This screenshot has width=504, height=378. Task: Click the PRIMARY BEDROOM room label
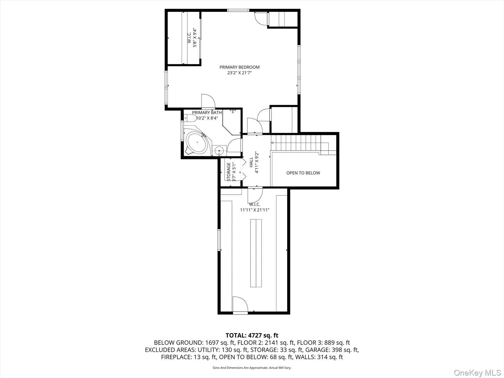pos(239,67)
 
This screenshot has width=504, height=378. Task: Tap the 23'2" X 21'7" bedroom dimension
pos(239,73)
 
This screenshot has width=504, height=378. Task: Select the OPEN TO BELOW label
pos(303,173)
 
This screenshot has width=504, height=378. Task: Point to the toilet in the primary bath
pos(190,118)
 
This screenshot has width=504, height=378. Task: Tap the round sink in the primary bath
pos(219,150)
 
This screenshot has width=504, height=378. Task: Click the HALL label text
pos(251,162)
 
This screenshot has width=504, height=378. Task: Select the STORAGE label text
pos(229,172)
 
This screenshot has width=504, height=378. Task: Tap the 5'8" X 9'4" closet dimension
pos(195,37)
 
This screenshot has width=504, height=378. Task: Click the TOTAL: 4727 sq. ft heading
pos(252,336)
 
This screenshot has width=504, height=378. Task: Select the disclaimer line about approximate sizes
pos(252,368)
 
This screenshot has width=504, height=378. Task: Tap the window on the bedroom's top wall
pos(238,10)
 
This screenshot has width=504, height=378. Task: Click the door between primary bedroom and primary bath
pos(208,101)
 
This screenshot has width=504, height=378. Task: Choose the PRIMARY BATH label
pos(207,112)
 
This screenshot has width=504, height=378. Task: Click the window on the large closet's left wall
pos(219,240)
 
